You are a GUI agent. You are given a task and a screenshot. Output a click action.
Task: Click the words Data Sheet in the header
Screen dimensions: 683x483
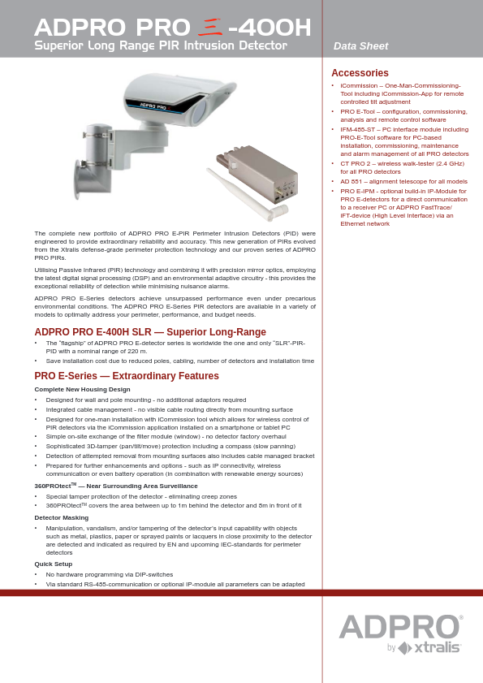point(360,46)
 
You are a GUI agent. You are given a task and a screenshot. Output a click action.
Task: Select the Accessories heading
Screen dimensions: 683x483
point(360,73)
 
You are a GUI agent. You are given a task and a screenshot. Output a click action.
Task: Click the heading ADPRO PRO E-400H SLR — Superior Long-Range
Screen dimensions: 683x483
point(150,332)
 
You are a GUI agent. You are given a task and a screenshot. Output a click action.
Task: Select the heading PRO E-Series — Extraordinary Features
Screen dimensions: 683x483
point(127,376)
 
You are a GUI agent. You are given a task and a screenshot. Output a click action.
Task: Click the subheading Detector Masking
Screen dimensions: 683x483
point(62,517)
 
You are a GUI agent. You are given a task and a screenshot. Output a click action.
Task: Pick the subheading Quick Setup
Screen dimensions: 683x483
point(54,564)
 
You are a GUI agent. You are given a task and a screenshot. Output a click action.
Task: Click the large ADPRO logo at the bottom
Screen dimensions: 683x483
point(400,627)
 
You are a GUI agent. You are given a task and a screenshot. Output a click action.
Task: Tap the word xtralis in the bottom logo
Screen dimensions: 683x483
point(438,648)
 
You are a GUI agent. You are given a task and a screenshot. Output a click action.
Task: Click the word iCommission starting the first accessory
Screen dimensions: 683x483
point(360,85)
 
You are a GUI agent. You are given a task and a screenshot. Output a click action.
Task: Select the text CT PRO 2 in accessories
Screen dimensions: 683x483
point(356,163)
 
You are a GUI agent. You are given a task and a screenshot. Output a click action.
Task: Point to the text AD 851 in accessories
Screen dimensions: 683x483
point(351,181)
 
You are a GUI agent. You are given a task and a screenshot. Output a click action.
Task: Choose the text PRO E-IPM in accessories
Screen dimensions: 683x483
point(356,190)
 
